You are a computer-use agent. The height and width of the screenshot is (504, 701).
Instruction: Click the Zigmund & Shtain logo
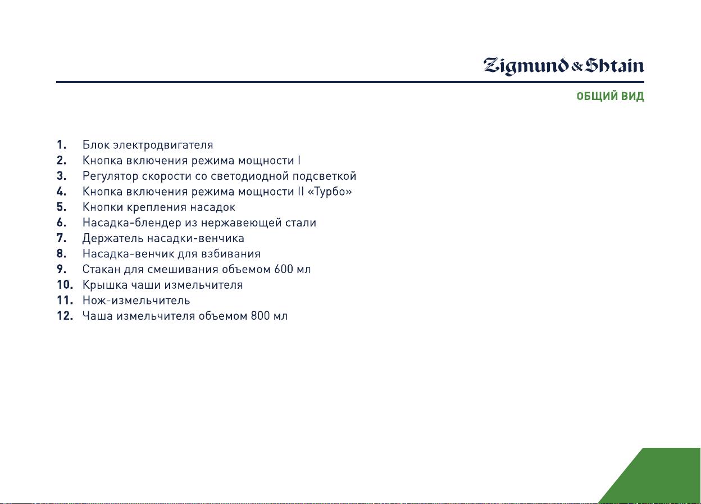click(563, 66)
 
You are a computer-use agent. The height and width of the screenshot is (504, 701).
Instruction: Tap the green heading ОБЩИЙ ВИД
click(610, 96)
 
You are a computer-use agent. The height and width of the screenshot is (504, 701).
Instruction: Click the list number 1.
click(61, 145)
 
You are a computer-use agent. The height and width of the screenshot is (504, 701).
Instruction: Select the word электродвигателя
click(163, 146)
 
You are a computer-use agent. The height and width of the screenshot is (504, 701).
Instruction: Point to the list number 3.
click(61, 176)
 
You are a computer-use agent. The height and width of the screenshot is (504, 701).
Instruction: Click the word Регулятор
click(111, 176)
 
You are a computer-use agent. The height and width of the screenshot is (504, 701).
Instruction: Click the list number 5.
click(61, 207)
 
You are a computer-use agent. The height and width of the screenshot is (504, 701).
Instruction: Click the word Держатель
click(113, 239)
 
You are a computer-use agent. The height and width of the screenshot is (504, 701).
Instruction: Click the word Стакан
click(102, 269)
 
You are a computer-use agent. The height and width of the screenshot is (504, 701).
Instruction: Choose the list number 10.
click(65, 284)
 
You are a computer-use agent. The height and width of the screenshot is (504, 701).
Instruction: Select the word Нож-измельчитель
click(136, 300)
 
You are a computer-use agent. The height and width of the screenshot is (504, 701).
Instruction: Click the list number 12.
click(65, 316)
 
